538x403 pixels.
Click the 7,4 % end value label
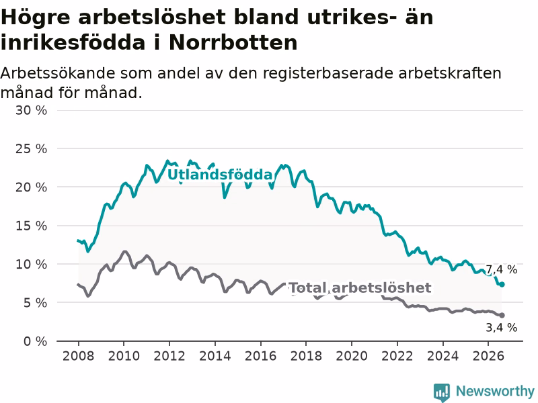click(501, 270)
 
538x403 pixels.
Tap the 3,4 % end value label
click(501, 328)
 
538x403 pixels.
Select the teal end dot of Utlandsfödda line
click(502, 284)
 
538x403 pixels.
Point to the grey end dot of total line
click(502, 315)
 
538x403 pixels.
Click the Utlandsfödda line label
click(220, 175)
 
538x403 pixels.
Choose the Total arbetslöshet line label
click(360, 288)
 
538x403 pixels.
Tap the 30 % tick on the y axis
click(31, 110)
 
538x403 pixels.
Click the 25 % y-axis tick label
click(31, 148)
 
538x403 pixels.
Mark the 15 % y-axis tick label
click(31, 226)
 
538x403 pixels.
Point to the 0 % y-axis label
click(36, 341)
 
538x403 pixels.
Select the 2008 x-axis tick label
click(78, 356)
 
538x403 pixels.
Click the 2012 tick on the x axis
click(169, 356)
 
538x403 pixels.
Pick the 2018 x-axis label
click(306, 356)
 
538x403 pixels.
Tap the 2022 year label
click(397, 356)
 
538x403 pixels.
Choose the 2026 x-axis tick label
click(488, 356)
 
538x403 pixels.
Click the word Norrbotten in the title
click(233, 43)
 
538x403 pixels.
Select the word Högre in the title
click(36, 17)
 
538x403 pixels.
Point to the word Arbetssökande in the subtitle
click(57, 74)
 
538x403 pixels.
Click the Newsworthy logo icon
click(442, 392)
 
